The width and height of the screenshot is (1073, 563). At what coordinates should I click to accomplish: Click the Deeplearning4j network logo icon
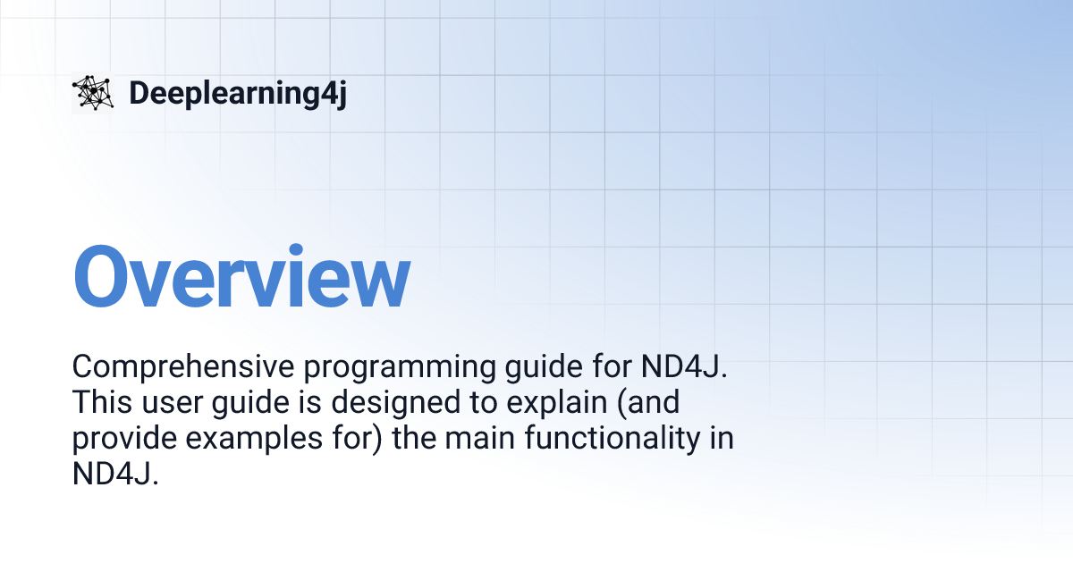pos(92,93)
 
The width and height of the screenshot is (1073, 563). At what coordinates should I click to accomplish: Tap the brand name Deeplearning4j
pos(237,93)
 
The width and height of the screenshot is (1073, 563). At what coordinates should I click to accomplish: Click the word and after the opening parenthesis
pos(652,403)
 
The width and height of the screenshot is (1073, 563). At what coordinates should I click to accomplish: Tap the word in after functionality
pos(722,439)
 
